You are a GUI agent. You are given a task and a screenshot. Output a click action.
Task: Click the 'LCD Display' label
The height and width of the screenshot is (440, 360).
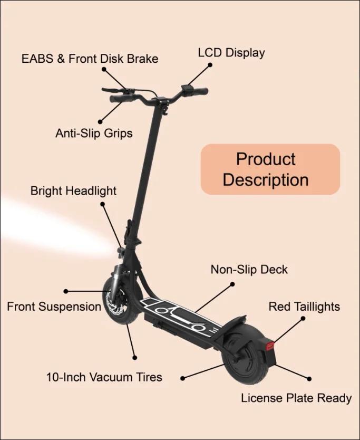click(x=231, y=53)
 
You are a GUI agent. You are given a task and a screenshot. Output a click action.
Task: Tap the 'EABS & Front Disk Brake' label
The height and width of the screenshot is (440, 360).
click(x=90, y=59)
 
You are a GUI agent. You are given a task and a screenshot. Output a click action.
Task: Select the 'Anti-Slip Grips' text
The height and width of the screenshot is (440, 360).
click(x=94, y=133)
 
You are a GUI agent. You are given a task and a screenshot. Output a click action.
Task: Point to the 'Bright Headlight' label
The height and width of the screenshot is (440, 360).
click(x=73, y=191)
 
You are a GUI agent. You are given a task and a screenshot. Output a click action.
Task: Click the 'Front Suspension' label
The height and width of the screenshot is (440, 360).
click(x=54, y=307)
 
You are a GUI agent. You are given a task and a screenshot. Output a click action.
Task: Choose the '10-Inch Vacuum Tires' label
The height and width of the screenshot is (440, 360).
click(x=104, y=377)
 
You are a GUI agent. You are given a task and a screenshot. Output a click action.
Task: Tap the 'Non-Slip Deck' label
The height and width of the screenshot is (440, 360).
click(x=249, y=270)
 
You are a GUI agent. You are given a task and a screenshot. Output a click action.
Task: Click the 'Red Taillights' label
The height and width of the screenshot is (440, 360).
click(x=304, y=307)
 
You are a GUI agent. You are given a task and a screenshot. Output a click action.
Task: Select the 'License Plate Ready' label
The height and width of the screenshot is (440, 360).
click(x=296, y=398)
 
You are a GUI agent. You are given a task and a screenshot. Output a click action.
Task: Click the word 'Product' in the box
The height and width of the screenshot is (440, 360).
click(x=266, y=159)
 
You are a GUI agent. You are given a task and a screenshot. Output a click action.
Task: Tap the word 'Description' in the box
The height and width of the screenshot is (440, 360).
click(x=266, y=180)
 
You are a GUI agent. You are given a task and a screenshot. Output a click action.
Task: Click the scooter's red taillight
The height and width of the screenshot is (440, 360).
click(x=270, y=346)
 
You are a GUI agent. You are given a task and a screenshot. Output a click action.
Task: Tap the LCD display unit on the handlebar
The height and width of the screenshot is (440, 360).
click(x=187, y=89)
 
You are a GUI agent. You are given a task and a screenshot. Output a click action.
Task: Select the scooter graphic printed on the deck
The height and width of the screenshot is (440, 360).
click(x=181, y=318)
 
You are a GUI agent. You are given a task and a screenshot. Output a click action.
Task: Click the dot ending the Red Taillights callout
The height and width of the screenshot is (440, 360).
click(x=303, y=319)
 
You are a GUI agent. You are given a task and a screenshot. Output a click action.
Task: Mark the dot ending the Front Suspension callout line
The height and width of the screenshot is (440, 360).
click(x=66, y=291)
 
